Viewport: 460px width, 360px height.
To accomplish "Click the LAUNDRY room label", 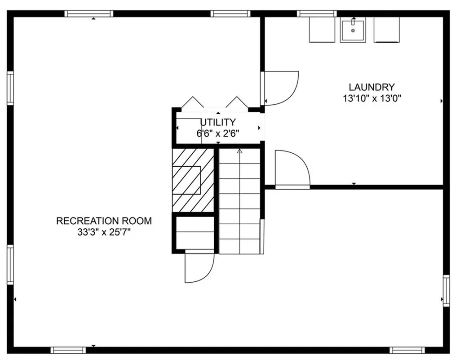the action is [x=372, y=87].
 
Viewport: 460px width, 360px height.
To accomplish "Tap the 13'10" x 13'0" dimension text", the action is [x=372, y=98].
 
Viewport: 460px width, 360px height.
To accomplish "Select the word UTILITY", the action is [x=218, y=122].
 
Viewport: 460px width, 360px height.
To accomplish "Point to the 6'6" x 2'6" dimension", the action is [x=218, y=134].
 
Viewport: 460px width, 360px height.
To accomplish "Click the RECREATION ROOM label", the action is [x=104, y=221].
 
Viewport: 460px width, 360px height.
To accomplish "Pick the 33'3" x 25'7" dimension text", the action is [x=104, y=232].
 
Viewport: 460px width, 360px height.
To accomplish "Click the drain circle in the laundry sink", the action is [x=353, y=31].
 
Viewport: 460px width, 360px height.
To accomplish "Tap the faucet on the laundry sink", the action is [x=353, y=21].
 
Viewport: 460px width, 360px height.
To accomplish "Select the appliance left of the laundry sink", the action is [x=322, y=30].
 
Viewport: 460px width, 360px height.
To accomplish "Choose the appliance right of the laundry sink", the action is [x=386, y=30].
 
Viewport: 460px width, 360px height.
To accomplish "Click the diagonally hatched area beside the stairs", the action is [x=193, y=180].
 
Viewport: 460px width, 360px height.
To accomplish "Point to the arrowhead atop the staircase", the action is [x=240, y=151].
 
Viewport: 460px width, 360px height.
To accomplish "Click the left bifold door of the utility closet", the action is [x=193, y=102].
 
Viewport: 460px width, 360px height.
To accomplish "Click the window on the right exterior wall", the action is [x=446, y=291].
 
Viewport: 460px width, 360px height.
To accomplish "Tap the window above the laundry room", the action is [x=317, y=13].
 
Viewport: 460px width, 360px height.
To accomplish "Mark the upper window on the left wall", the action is [x=10, y=88].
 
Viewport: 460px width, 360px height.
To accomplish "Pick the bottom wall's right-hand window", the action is [x=407, y=350].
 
